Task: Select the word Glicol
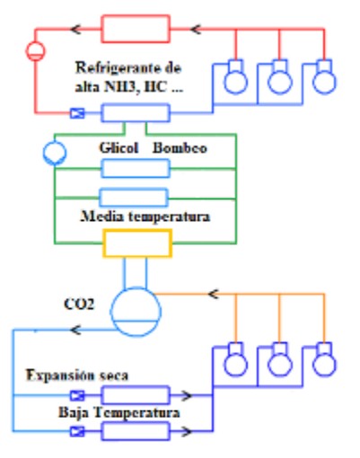point(119,148)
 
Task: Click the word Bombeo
point(180,148)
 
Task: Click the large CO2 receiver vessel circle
point(136,287)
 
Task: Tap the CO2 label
point(79,304)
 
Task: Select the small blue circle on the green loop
point(55,143)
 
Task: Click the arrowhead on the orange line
point(214,294)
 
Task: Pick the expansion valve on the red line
point(77,113)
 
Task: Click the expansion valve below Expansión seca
point(77,395)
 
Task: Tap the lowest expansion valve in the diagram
point(77,431)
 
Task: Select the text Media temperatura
point(145,216)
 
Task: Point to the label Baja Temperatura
point(119,412)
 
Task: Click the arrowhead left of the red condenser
point(76,29)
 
